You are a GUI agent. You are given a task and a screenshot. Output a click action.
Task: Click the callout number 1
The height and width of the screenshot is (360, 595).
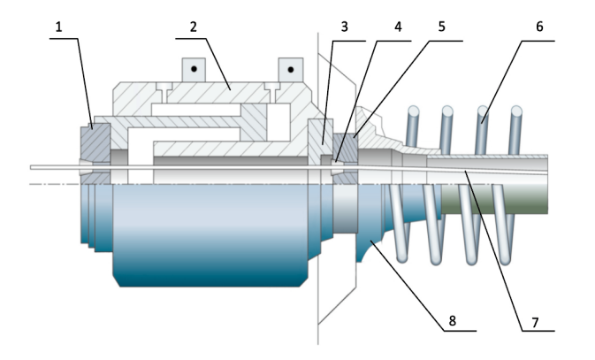59,27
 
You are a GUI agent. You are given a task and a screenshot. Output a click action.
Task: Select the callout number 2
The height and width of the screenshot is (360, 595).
192,27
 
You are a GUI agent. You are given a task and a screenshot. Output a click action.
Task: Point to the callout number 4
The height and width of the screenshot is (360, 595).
398,27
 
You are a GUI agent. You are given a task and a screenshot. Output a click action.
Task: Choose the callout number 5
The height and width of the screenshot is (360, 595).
443,27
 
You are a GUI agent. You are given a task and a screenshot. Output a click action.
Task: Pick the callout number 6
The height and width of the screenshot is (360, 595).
538,27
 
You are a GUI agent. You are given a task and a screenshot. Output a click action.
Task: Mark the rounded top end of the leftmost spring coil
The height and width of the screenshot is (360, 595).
413,112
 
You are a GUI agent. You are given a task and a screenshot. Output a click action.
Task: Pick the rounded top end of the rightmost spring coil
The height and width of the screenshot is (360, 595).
518,112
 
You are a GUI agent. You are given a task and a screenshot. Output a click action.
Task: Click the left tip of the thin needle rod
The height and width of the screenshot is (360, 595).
32,166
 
